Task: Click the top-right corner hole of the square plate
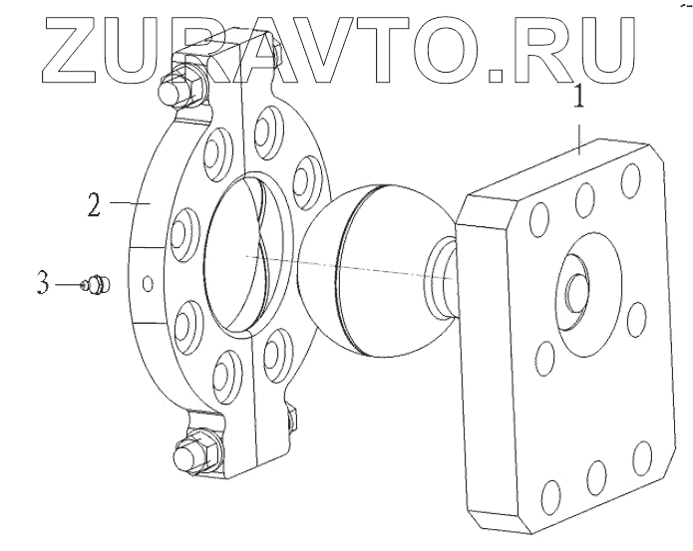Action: pos(630,181)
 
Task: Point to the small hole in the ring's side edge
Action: pos(147,284)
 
